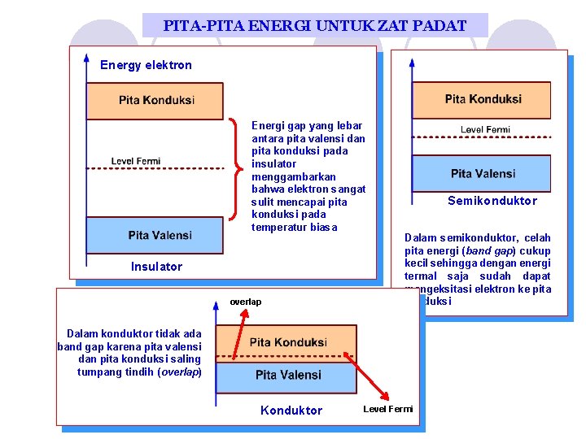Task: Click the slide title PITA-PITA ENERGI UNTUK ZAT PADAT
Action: (315, 25)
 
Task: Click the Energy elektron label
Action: (146, 65)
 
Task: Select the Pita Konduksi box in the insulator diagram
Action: (155, 101)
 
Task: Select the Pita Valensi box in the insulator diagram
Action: (155, 235)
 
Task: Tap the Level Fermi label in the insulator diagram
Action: (136, 161)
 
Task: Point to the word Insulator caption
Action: (156, 267)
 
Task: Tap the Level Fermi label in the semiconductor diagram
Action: (485, 129)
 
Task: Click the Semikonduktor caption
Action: (492, 201)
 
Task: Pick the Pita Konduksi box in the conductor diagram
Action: (287, 342)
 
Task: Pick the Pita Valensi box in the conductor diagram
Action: (287, 375)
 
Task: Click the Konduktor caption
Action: (291, 411)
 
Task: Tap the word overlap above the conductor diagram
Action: (246, 302)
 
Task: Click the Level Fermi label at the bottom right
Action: (388, 409)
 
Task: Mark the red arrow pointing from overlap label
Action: (238, 334)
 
